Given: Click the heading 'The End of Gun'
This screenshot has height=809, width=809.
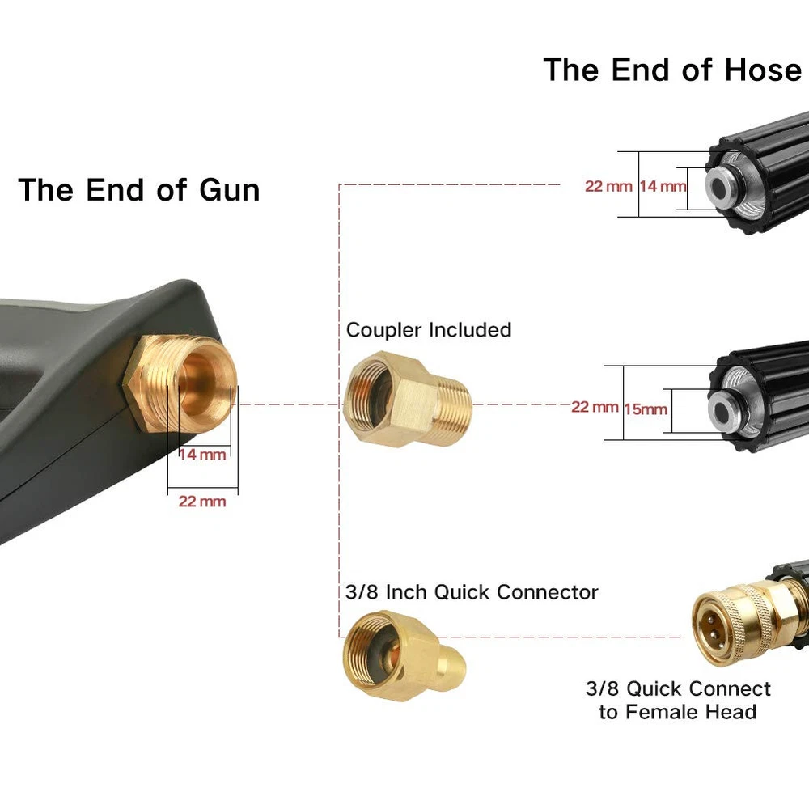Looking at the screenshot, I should click(139, 190).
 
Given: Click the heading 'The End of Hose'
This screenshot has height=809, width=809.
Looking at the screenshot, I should click(672, 70).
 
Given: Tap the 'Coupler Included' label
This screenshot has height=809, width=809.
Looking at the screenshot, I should click(429, 330).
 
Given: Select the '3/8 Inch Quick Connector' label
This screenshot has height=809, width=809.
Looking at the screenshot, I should click(472, 591).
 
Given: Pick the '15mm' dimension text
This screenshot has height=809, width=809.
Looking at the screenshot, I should click(646, 409).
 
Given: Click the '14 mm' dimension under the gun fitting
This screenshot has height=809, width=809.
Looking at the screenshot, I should click(202, 455).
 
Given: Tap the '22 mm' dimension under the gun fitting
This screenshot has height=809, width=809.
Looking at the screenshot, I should click(202, 502).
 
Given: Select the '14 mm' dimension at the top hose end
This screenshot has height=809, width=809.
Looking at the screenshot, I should click(663, 186).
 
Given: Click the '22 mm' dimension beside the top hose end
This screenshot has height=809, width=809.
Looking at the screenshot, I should click(608, 186).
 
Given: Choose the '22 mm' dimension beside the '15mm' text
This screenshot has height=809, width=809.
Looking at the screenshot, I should click(595, 407).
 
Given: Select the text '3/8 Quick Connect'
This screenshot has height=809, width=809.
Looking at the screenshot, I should click(678, 689).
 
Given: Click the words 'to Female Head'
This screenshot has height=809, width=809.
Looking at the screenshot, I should click(678, 712).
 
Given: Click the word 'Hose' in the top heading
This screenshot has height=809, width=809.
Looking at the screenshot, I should click(762, 70).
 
